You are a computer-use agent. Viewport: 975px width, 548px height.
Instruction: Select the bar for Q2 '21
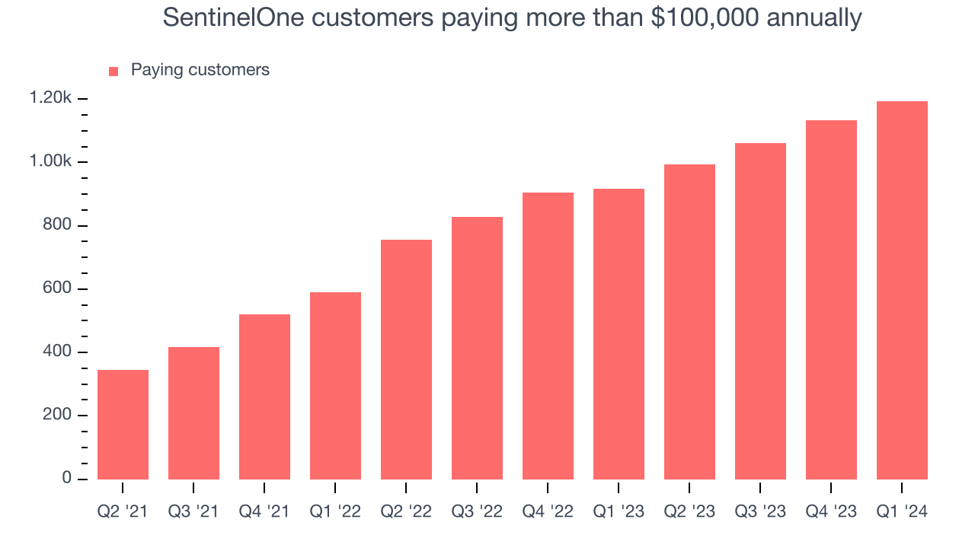click(123, 424)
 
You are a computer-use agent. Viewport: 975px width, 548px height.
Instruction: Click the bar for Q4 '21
click(264, 397)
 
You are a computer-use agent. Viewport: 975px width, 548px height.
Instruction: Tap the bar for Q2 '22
click(406, 359)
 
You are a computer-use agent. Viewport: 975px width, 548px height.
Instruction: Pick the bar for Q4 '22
click(548, 336)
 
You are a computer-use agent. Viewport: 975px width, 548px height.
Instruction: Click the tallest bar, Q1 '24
click(902, 290)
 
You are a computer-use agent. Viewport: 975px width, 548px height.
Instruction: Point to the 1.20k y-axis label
click(50, 98)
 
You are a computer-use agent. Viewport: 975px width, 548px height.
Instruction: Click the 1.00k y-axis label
click(50, 162)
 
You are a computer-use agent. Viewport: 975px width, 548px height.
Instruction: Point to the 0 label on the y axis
click(67, 478)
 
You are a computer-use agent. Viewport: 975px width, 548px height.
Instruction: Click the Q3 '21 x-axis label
click(193, 511)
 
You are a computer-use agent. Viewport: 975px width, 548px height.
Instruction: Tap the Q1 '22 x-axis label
click(335, 511)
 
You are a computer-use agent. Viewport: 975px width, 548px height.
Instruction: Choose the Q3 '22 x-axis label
click(477, 511)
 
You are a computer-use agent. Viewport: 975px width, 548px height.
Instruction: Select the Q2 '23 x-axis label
click(689, 511)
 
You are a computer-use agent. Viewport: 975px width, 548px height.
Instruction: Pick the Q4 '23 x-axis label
click(831, 511)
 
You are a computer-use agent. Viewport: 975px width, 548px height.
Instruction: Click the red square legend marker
click(113, 71)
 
